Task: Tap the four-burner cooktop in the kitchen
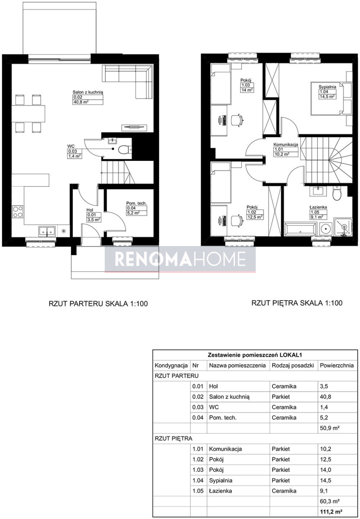click(18, 212)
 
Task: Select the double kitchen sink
click(47, 231)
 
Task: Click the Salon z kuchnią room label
click(88, 92)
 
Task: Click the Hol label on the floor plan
click(90, 210)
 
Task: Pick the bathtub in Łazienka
click(300, 229)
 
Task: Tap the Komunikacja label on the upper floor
click(286, 144)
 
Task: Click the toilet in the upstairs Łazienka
click(337, 193)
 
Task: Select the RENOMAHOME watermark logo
click(180, 259)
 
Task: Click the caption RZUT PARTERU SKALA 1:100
click(98, 304)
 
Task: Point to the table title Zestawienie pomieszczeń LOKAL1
click(255, 355)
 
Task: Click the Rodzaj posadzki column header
click(293, 365)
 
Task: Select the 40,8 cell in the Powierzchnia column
click(325, 397)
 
